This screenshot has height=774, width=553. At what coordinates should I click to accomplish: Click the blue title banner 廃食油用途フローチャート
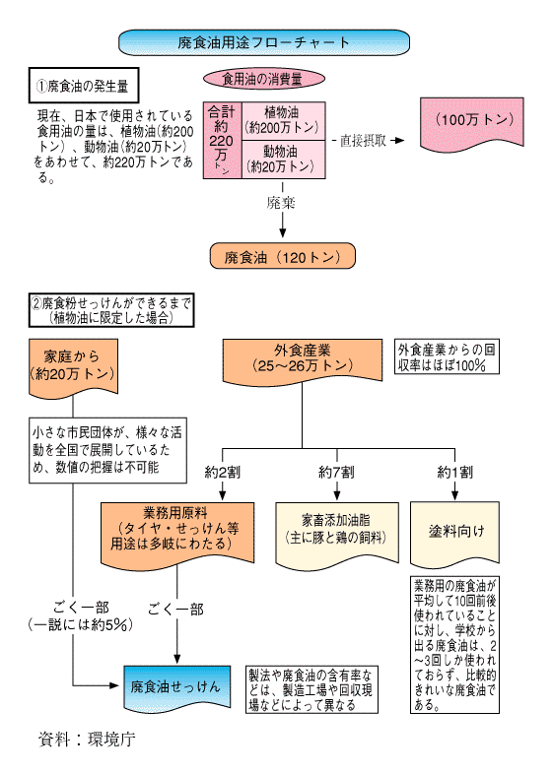tap(264, 42)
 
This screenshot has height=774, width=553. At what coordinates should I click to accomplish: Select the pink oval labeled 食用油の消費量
tap(264, 79)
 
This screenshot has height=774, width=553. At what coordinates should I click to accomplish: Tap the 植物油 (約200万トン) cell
tap(283, 121)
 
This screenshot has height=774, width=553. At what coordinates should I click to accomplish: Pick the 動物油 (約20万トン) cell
tap(283, 160)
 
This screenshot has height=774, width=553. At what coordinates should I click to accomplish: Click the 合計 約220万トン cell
tap(222, 140)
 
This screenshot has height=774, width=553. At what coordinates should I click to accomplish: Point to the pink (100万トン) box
tap(472, 122)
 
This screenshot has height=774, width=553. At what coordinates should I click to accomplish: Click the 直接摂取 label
tap(363, 141)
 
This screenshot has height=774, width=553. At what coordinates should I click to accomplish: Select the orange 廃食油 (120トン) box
tap(283, 256)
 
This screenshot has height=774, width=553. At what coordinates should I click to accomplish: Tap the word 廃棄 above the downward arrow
tap(281, 203)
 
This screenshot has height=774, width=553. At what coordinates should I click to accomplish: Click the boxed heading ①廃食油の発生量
tap(84, 86)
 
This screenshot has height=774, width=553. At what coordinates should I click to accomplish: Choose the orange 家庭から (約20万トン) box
tap(73, 366)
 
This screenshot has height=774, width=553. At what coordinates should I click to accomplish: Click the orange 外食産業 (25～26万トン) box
tap(303, 359)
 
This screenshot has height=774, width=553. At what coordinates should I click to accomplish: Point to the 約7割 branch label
tap(336, 473)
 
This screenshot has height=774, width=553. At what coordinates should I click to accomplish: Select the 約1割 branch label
tap(454, 473)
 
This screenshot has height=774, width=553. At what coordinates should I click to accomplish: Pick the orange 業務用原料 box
tap(177, 533)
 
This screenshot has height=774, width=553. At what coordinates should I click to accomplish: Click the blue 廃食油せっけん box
tap(176, 687)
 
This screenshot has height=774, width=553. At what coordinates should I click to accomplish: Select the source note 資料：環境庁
tap(87, 739)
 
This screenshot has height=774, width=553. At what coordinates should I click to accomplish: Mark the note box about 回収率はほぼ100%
tap(447, 356)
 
